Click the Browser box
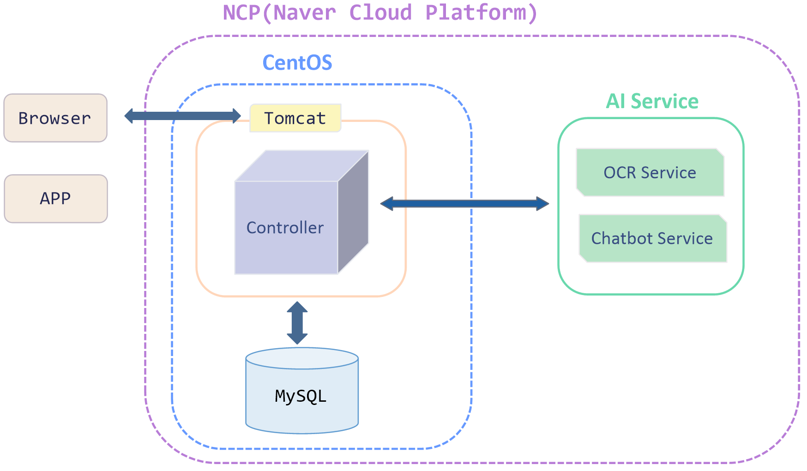click(x=55, y=118)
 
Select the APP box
click(x=56, y=199)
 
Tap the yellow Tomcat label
click(x=295, y=118)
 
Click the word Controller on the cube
click(x=285, y=228)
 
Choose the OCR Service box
click(x=650, y=172)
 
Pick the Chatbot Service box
click(x=652, y=238)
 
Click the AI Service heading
click(x=652, y=102)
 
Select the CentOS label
click(x=297, y=63)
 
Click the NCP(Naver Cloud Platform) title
click(x=380, y=12)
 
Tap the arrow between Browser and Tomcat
click(x=183, y=116)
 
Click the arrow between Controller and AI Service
click(x=464, y=203)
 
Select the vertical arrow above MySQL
click(x=297, y=323)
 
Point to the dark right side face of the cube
click(x=353, y=212)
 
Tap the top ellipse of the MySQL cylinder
click(x=302, y=358)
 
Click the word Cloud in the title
click(x=380, y=12)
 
